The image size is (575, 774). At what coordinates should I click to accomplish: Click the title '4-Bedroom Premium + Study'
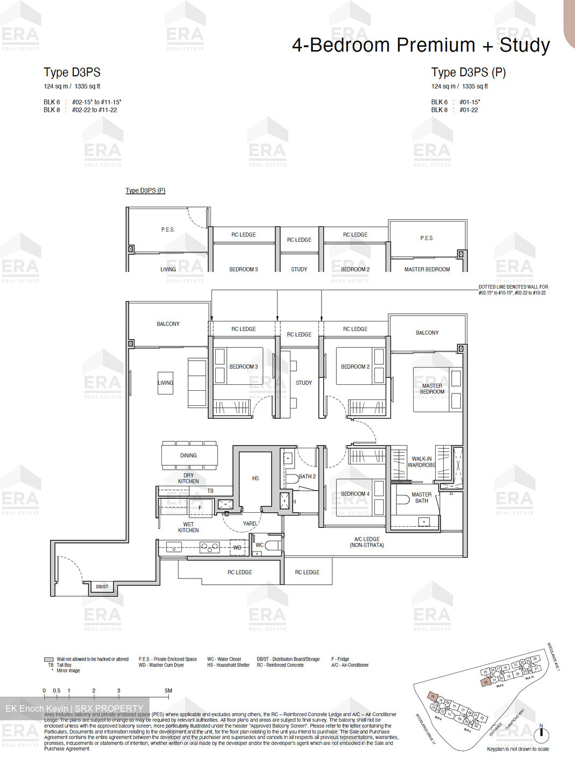[421, 45]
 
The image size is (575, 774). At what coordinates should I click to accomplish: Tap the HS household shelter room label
[255, 478]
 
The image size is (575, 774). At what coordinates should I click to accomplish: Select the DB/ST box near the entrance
[102, 587]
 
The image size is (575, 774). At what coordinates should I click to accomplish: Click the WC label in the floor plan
[260, 545]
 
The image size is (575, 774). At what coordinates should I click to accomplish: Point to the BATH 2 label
[307, 476]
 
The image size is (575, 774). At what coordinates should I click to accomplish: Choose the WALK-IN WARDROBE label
[422, 462]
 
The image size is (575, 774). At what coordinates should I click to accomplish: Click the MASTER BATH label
[422, 498]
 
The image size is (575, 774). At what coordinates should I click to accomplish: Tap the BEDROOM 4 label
[355, 493]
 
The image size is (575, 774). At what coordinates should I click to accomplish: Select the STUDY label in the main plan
[304, 383]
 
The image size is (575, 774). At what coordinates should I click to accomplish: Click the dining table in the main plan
[189, 455]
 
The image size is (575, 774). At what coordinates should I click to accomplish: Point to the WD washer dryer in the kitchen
[237, 548]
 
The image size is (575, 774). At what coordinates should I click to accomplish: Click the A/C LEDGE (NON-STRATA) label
[367, 542]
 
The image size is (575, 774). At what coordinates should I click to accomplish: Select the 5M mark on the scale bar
[168, 691]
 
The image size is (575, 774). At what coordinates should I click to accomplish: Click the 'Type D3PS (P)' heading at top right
[468, 73]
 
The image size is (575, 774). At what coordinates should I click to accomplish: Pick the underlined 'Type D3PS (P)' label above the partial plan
[145, 190]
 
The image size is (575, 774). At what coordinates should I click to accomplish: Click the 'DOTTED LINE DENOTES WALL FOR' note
[513, 287]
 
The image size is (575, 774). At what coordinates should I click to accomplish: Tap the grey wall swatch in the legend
[49, 659]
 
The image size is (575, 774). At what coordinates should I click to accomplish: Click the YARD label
[250, 523]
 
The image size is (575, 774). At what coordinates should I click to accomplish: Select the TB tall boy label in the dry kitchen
[210, 491]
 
